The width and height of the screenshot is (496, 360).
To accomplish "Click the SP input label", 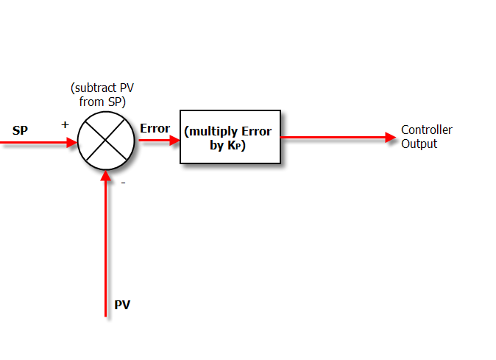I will (20, 131).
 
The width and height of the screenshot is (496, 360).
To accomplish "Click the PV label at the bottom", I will (122, 305).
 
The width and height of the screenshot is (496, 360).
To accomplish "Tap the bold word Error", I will (155, 128).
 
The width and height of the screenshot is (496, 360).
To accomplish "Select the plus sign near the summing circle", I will (65, 124).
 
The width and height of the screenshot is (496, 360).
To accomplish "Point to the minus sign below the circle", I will (122, 183).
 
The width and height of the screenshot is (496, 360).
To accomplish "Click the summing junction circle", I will (107, 140).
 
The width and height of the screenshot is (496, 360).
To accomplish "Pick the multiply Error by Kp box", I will (230, 138).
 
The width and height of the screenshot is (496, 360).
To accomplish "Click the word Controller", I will (426, 130).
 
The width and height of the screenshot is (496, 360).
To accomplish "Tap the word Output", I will (419, 144).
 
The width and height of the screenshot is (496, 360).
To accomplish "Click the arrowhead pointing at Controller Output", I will (391, 138).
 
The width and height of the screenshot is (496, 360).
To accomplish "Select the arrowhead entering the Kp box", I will (174, 140).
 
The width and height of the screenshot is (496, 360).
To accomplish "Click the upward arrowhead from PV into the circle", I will (107, 176).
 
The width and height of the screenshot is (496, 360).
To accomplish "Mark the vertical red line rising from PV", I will (107, 250).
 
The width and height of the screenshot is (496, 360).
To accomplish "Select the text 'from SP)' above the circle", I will (102, 102).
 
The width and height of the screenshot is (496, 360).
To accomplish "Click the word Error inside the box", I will (255, 132).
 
